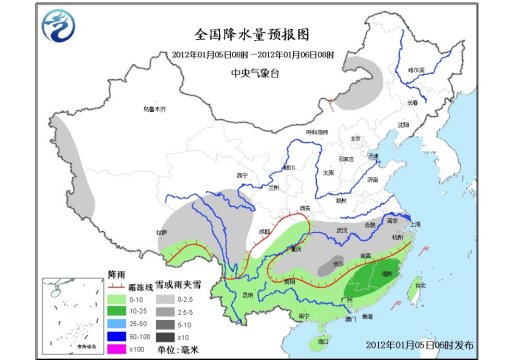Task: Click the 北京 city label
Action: click(x=354, y=139)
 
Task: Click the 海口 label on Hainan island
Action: click(x=317, y=340)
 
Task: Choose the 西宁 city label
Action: click(x=240, y=175)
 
